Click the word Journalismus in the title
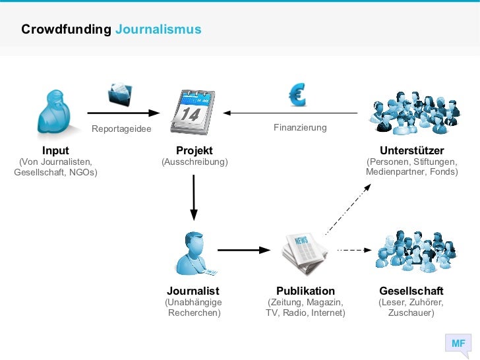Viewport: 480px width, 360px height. [x=158, y=30]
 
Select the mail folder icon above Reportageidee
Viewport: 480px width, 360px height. [x=121, y=95]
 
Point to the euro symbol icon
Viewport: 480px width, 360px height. [x=297, y=96]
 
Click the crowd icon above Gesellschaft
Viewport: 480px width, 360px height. [x=411, y=251]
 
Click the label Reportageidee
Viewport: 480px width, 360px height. [x=121, y=129]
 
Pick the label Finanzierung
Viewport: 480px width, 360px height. [x=300, y=127]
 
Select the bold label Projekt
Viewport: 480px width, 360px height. [x=194, y=151]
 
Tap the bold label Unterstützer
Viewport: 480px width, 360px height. [x=411, y=151]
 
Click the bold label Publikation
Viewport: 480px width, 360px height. [x=305, y=291]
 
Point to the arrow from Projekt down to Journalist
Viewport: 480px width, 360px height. [x=194, y=196]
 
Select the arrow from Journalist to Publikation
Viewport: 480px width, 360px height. [x=244, y=250]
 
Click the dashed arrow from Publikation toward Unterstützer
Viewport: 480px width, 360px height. [x=347, y=209]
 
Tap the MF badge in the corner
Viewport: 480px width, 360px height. [x=458, y=344]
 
